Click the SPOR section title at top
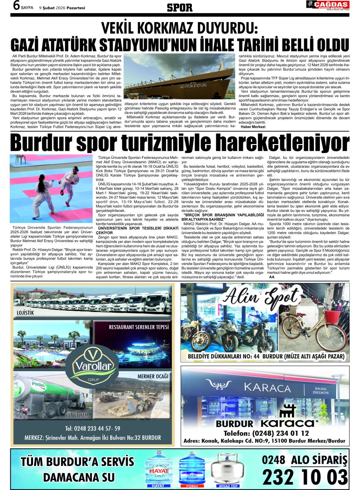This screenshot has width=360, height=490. [x=180, y=7]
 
